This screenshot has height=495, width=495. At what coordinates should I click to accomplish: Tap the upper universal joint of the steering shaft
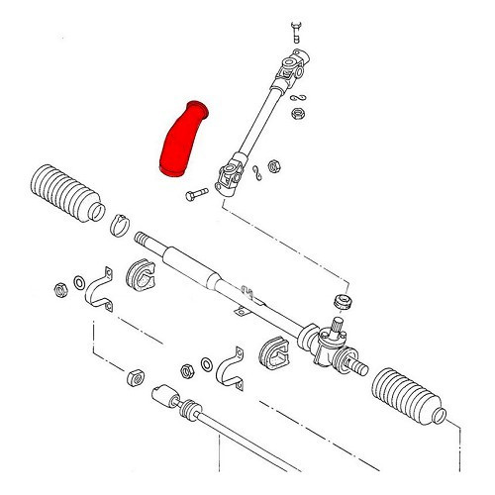pyautogui.click(x=293, y=72)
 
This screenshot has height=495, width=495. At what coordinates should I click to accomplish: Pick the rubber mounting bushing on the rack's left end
pyautogui.click(x=144, y=279)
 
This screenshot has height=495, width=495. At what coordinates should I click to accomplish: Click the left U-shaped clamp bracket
pyautogui.click(x=97, y=292)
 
